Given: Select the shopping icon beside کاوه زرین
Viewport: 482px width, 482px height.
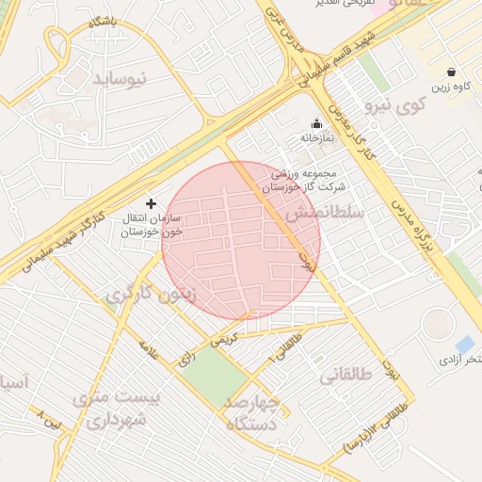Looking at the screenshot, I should pyautogui.click(x=451, y=72).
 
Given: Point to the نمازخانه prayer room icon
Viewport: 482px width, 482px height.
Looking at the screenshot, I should pyautogui.click(x=316, y=122).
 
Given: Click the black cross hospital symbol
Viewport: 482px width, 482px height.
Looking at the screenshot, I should pyautogui.click(x=151, y=203).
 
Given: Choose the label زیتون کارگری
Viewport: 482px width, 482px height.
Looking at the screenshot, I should pyautogui.click(x=151, y=295).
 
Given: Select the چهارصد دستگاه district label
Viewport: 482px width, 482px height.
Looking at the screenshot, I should pyautogui.click(x=251, y=411).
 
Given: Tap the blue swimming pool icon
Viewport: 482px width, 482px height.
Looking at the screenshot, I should pyautogui.click(x=464, y=344).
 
